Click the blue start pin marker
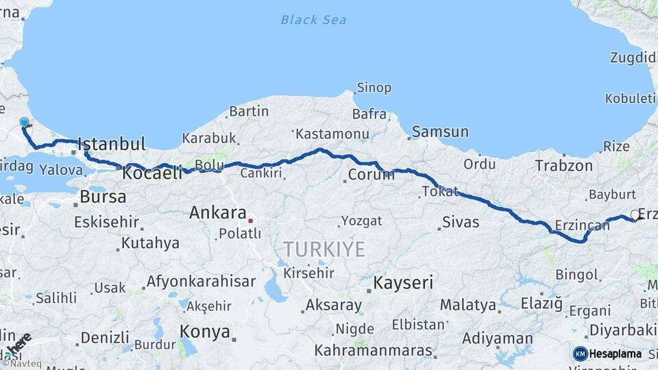click(x=25, y=123)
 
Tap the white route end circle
click(x=635, y=215)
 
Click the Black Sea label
click(x=313, y=20)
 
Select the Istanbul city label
click(x=112, y=145)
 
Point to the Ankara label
click(x=217, y=212)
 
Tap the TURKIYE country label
click(x=325, y=249)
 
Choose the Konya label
click(x=204, y=332)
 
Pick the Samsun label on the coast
click(x=440, y=132)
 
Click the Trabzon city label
click(x=563, y=166)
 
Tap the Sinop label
click(x=374, y=88)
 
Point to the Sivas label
click(x=461, y=222)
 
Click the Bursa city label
click(x=103, y=197)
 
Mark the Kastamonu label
click(x=332, y=134)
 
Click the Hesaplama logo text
click(x=616, y=354)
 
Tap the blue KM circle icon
click(x=581, y=354)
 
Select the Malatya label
click(x=468, y=304)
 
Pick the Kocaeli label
click(x=152, y=173)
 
